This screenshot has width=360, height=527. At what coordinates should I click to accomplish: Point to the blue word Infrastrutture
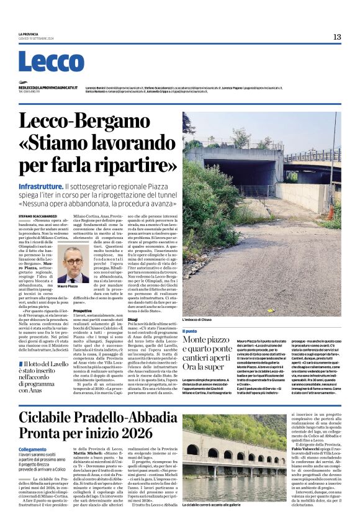41,186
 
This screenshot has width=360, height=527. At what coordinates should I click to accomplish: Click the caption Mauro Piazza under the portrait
68,286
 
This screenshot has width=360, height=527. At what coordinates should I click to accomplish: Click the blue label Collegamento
32,448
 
